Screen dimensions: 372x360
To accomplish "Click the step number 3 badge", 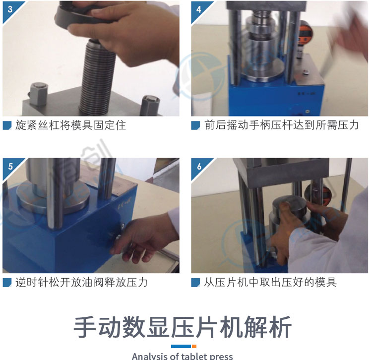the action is [9, 9].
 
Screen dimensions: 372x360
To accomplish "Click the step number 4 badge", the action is [198, 9].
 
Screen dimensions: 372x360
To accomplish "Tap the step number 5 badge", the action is [10, 167].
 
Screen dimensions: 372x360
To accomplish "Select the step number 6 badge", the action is [199, 167].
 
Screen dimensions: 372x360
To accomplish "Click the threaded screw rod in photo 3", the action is [97, 78].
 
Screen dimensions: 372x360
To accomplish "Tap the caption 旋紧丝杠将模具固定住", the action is [70, 125].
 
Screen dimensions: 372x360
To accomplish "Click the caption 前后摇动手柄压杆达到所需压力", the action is [281, 125].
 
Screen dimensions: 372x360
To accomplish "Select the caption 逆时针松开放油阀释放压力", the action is [81, 282].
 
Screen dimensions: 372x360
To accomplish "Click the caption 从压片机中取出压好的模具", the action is [270, 282].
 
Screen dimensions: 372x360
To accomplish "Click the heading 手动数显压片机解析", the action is [183, 327].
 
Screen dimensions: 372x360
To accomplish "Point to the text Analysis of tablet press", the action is [183, 356].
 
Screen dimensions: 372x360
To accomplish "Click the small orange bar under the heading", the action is [194, 346].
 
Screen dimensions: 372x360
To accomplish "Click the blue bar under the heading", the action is [181, 346].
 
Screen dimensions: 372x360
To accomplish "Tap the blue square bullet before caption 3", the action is [7, 125].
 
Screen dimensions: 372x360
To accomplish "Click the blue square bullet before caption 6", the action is [195, 283].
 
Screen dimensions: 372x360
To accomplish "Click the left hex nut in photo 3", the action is [39, 94].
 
